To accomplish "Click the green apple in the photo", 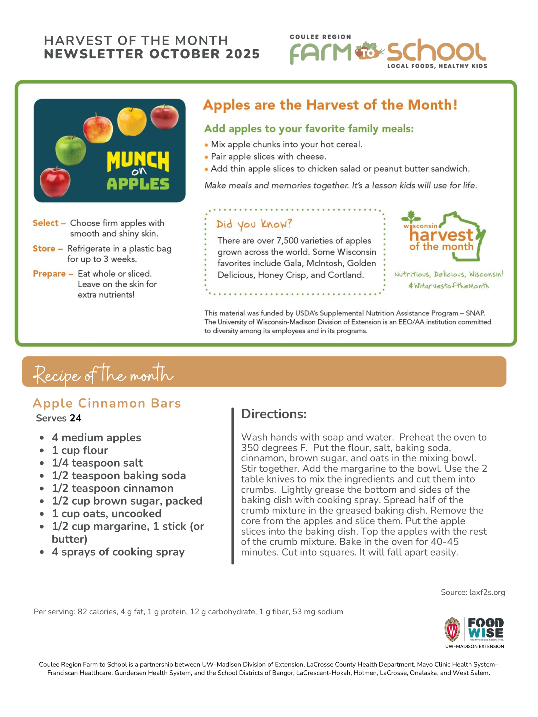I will click(71, 150).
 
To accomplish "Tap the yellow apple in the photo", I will click(132, 121).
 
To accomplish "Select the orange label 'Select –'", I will click(49, 223).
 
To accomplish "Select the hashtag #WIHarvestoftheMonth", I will click(449, 286).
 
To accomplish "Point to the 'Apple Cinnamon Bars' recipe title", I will click(107, 403).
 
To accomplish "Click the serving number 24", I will click(75, 418).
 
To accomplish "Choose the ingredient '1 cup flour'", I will click(80, 450).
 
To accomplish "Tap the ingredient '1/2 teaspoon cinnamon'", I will click(112, 488).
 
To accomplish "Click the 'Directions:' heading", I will click(274, 414).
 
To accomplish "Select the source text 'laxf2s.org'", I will click(487, 592).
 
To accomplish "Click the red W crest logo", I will click(452, 629).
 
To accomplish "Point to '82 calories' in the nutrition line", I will click(97, 612).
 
